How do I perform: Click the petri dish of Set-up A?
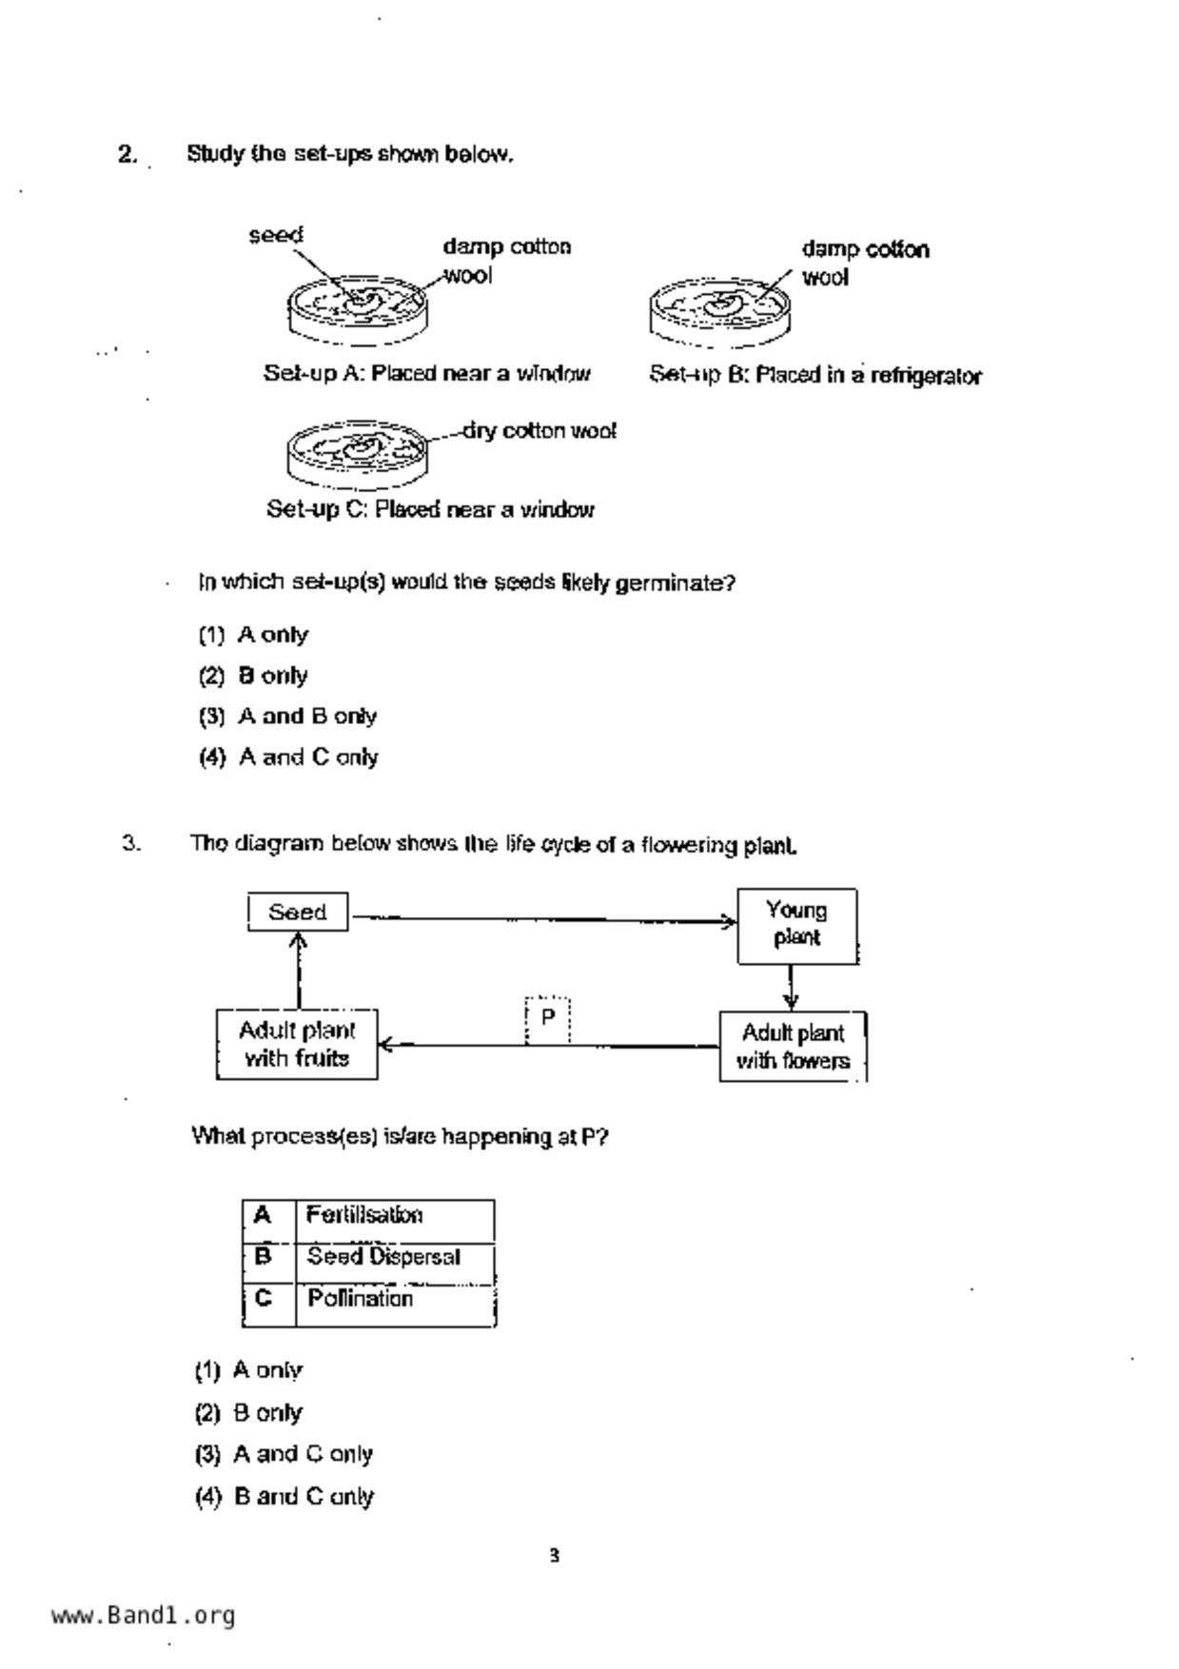tap(358, 309)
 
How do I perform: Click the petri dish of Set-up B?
tap(719, 310)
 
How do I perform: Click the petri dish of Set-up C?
tap(358, 451)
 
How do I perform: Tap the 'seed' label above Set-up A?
tap(276, 235)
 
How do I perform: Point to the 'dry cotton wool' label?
tap(540, 431)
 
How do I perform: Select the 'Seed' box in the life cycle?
tap(298, 913)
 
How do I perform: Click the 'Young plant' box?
tap(796, 926)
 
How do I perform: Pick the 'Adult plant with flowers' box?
tap(793, 1047)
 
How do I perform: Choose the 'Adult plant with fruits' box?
tap(297, 1045)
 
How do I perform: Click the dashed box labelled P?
tap(548, 1018)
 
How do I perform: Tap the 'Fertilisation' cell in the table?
tap(395, 1216)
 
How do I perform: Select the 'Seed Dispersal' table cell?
tap(395, 1258)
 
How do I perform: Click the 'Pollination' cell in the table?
tap(395, 1300)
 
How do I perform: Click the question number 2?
tap(128, 154)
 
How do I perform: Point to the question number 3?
tap(131, 843)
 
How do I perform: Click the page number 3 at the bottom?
tap(554, 1557)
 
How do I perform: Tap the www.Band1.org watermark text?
tap(143, 1616)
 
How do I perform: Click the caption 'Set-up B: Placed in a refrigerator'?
tap(815, 376)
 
